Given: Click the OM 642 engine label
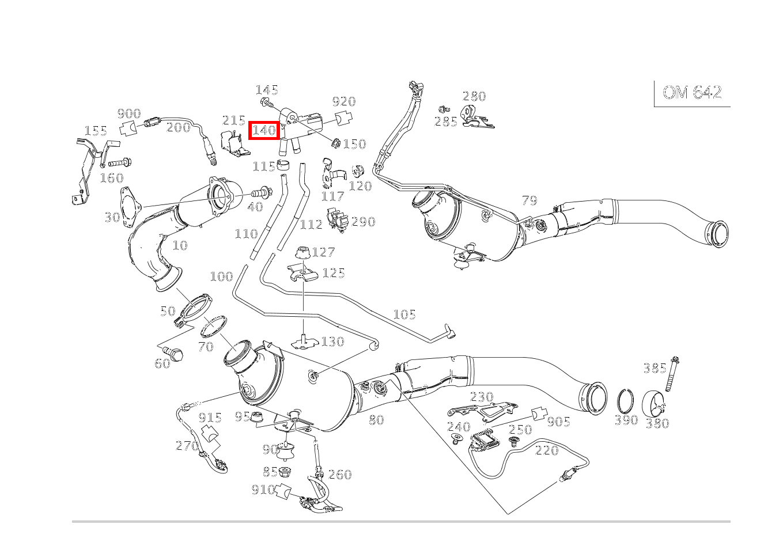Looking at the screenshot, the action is coord(692,92).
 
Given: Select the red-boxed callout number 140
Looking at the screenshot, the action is coord(264,130).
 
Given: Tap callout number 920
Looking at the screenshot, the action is coord(344,101).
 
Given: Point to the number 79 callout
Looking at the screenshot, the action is coord(529,200).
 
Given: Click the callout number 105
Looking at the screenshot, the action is coord(404,314).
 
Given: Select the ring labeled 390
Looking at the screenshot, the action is coord(626,402).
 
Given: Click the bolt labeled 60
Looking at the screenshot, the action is coord(173,353).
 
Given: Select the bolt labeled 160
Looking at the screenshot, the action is coord(120,163).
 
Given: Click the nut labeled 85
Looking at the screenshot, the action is coord(285,472).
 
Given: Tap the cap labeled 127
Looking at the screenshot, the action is coord(303,252).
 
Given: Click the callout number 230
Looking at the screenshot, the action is coord(482,396).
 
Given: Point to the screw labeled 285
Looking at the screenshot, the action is coord(444,109).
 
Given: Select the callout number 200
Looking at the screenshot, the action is coord(179,127).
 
